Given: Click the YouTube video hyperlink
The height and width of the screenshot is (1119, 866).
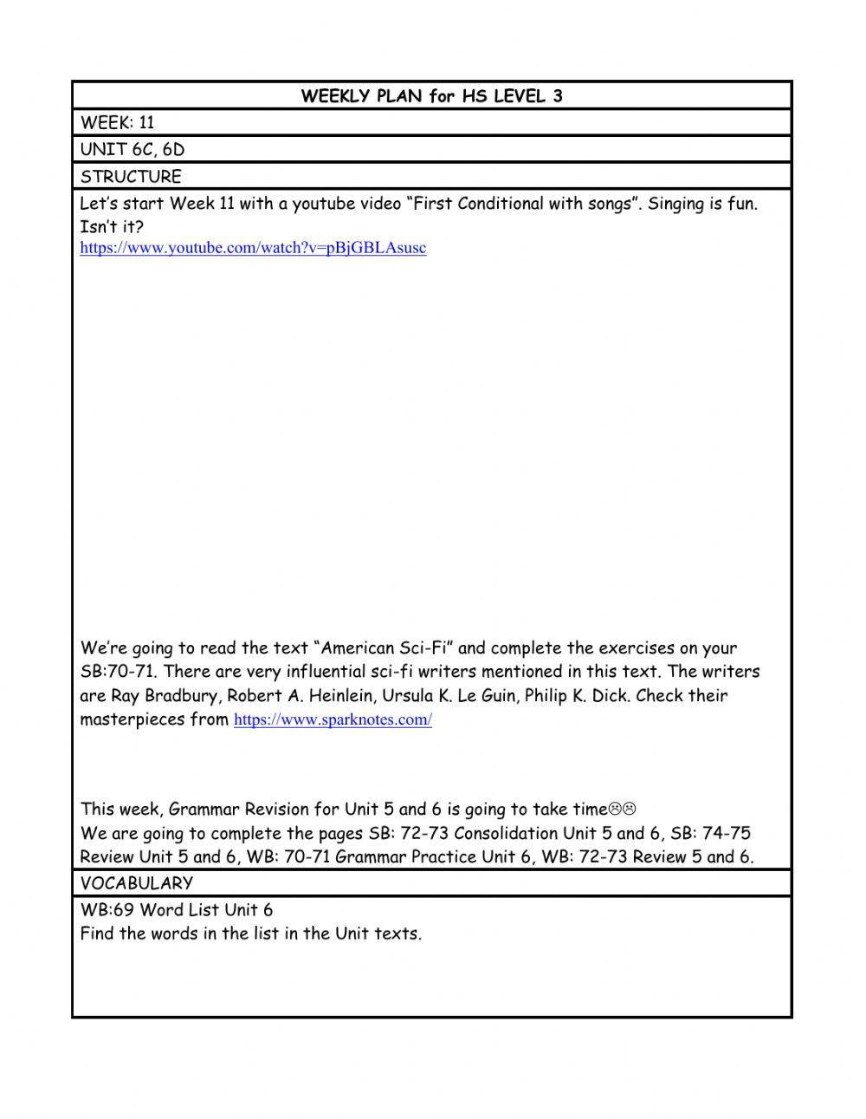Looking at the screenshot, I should [x=253, y=248].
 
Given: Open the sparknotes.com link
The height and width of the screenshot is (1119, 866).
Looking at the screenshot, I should [x=333, y=719].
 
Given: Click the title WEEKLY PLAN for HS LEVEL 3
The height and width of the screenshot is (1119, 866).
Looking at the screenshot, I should [x=431, y=96].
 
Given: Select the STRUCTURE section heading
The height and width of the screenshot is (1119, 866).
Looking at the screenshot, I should [x=131, y=177].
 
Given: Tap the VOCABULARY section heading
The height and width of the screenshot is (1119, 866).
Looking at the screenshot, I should [x=136, y=883].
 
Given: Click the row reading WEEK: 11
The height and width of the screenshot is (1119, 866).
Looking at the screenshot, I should [x=117, y=123].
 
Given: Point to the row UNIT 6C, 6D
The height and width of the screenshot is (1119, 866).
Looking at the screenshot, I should [x=132, y=150].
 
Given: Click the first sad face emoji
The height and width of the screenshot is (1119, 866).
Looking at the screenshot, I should [x=614, y=810].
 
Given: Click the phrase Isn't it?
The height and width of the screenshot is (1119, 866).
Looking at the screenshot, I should [x=112, y=227].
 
